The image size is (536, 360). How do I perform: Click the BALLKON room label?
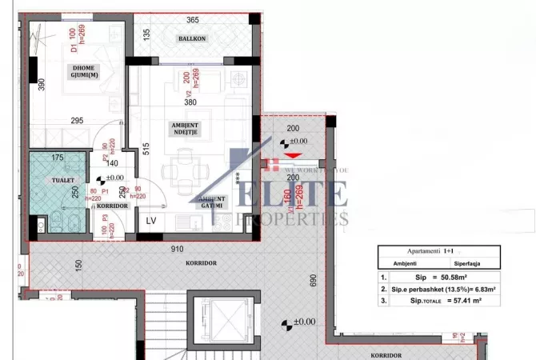click(192, 38)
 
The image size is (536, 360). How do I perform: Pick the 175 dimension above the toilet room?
click(57, 158)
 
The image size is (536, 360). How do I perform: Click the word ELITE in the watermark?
click(304, 194)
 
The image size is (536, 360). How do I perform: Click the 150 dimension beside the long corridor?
click(78, 265)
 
